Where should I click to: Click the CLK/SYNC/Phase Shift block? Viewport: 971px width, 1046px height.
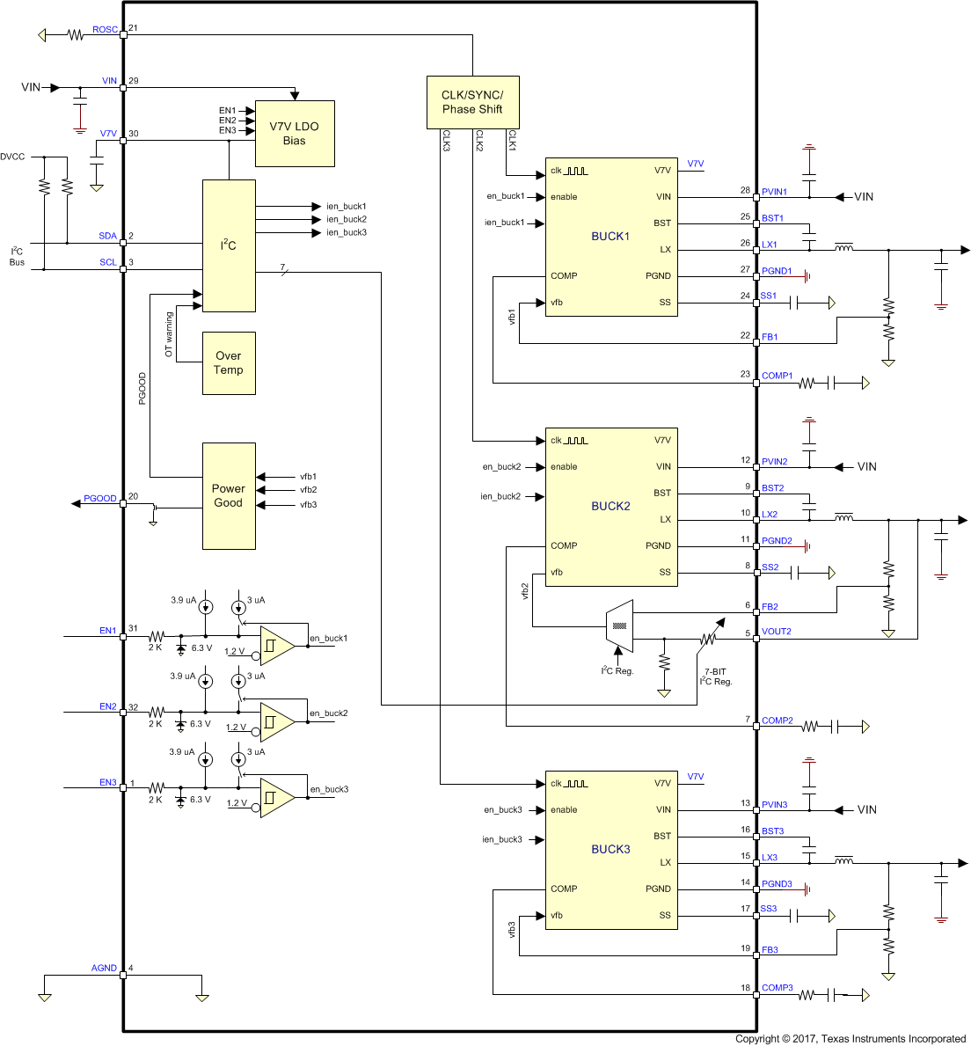(472, 102)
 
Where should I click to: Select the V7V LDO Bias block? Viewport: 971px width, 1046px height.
(295, 134)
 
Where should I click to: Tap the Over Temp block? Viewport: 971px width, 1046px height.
(229, 363)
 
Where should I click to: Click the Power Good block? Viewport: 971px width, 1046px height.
(229, 496)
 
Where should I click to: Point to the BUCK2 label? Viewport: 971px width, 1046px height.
(610, 506)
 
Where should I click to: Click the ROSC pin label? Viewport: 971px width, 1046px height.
(105, 30)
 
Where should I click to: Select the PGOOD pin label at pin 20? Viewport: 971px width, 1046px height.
(99, 499)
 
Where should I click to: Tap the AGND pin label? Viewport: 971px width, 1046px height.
(104, 968)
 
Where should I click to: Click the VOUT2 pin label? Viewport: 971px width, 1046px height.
(777, 632)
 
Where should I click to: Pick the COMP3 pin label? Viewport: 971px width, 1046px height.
(778, 988)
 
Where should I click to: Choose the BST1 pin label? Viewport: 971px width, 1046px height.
(772, 218)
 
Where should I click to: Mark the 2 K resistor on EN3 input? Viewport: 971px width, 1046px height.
(157, 787)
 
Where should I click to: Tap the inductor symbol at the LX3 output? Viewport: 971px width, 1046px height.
(843, 859)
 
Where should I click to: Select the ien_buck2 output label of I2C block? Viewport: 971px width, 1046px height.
(347, 219)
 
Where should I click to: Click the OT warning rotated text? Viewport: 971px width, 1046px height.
(169, 334)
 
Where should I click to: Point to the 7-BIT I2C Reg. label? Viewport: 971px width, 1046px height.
(716, 677)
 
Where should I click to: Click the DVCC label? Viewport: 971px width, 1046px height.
(13, 157)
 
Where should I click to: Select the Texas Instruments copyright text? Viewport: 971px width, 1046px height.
(851, 1039)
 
